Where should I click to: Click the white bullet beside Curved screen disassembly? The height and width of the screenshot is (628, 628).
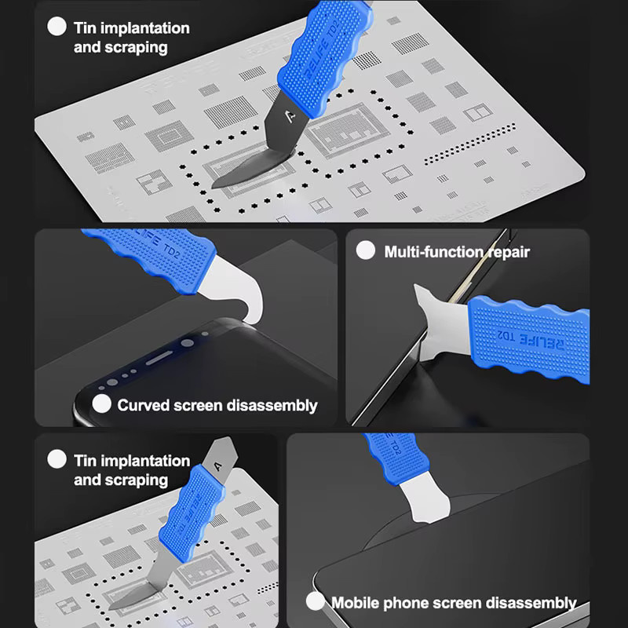[102, 403]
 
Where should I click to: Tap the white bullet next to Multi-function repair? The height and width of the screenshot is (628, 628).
[366, 250]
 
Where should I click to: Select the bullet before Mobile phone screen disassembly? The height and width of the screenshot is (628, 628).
[316, 601]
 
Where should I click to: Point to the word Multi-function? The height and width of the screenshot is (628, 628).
[434, 252]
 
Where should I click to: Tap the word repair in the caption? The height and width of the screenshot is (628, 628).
[509, 252]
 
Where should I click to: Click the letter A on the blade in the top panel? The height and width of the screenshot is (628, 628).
[290, 116]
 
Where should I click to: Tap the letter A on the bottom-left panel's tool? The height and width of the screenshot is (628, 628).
[218, 466]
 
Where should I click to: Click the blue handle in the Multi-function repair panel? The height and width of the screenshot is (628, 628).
[528, 339]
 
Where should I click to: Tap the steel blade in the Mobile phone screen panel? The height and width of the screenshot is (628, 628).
[425, 500]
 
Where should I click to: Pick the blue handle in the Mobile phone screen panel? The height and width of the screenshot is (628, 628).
[396, 458]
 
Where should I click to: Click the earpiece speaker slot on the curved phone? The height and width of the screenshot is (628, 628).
[159, 358]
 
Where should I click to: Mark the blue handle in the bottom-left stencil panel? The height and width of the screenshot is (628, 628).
[192, 513]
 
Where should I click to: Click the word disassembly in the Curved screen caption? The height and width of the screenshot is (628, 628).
[272, 406]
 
